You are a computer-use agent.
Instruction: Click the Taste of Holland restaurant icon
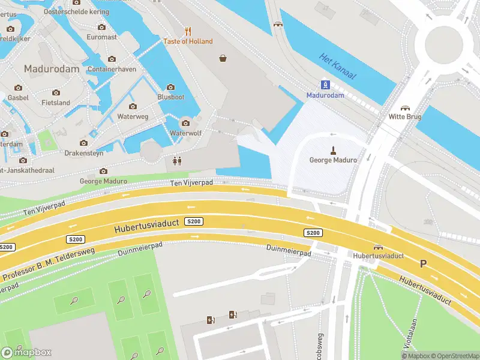[188, 31]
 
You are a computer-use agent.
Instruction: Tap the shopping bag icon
[223, 58]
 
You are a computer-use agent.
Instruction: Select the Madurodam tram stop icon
[325, 85]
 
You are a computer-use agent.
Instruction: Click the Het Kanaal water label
[338, 67]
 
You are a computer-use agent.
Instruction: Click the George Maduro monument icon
[332, 149]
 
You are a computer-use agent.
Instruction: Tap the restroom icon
[176, 160]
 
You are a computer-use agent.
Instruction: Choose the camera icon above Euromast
[101, 27]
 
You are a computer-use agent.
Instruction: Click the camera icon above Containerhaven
[112, 59]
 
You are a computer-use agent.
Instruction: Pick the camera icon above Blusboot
[170, 87]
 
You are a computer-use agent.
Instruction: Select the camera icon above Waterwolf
[185, 123]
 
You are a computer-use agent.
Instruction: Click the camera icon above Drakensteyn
[84, 143]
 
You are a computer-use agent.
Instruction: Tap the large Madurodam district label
[52, 69]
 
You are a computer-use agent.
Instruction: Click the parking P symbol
[423, 263]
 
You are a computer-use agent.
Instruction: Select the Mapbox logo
[26, 352]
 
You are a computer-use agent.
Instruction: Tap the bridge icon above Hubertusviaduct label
[379, 247]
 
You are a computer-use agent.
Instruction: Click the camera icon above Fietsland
[56, 92]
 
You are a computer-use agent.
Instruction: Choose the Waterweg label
[133, 116]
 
